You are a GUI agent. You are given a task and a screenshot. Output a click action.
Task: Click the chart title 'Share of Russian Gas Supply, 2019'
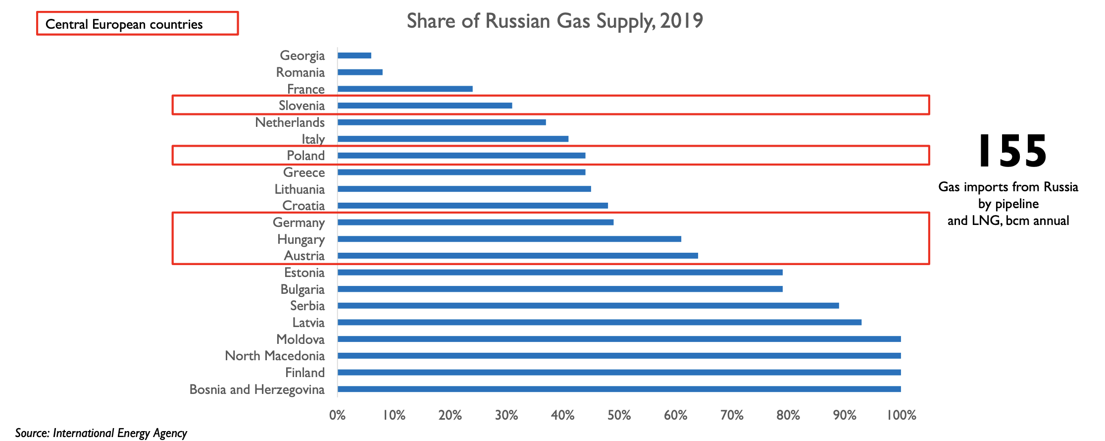(554, 21)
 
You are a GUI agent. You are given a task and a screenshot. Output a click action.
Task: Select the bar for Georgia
(354, 55)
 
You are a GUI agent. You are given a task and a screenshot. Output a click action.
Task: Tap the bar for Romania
(360, 72)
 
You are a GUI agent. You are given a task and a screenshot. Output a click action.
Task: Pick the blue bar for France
(405, 89)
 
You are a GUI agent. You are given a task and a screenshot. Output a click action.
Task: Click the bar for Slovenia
(425, 106)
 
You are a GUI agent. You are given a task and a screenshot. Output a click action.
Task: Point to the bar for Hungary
(509, 239)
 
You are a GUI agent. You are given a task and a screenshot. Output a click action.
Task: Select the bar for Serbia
(588, 306)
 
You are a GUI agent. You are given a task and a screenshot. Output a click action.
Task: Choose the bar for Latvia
(600, 323)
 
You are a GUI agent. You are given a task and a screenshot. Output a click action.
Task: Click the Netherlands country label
(290, 122)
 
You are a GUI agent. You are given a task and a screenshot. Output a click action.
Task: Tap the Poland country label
(305, 156)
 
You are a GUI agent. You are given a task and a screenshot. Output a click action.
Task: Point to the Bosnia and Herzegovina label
(257, 389)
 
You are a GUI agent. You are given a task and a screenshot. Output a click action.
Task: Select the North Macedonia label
(275, 356)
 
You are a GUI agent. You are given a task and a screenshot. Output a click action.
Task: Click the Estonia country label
(304, 273)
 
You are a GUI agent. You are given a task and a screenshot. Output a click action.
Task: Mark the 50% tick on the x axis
(619, 415)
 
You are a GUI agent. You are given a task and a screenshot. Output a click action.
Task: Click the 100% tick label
(901, 415)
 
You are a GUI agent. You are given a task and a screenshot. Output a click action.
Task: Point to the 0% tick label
(338, 415)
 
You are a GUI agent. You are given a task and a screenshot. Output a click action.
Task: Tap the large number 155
(1012, 151)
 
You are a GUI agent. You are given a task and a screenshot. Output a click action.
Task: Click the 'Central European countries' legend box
(137, 24)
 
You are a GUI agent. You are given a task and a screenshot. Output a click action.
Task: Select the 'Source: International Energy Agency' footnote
(101, 433)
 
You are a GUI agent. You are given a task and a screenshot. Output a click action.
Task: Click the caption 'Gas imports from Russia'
(1008, 187)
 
